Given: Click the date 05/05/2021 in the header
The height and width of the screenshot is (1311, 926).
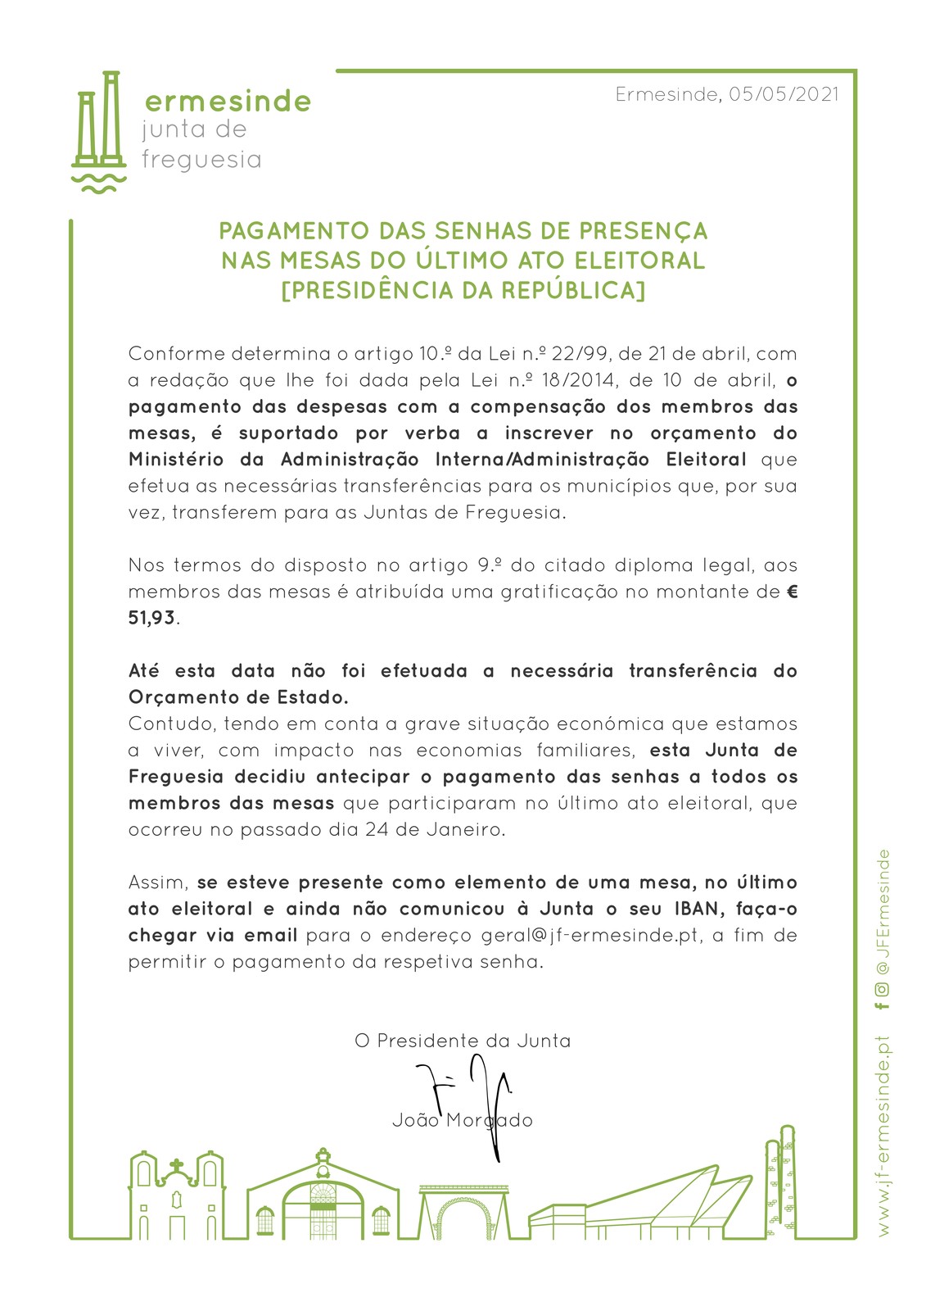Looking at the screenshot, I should [784, 94].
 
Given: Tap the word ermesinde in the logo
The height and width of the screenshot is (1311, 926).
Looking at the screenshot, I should [228, 102].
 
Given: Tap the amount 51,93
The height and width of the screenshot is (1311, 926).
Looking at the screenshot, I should [151, 618].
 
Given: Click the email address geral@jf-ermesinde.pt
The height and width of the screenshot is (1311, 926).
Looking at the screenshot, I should [591, 936].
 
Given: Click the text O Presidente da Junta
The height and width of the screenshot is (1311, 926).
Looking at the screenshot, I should [463, 1041].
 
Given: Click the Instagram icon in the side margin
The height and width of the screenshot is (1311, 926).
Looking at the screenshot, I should [882, 988].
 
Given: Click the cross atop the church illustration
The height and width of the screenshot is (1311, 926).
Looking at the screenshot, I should [176, 1165].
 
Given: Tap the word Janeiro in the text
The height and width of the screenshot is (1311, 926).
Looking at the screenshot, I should [463, 830].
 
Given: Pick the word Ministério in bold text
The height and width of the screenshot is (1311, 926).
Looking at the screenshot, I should [175, 460].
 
